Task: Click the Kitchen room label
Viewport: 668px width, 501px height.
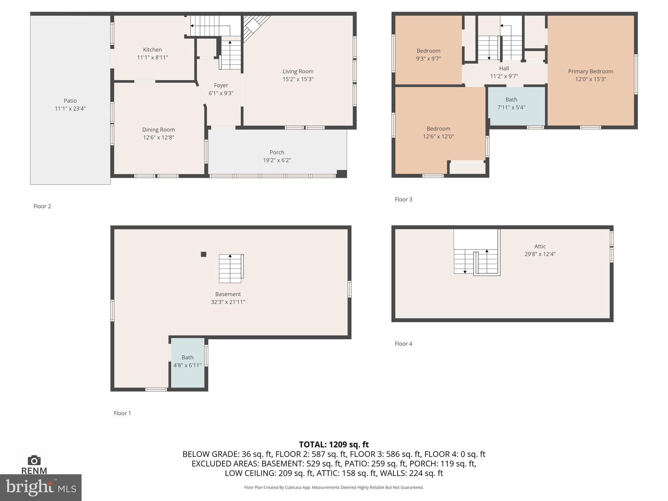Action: (x=152, y=50)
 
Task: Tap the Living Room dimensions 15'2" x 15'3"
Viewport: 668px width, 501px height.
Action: (x=298, y=79)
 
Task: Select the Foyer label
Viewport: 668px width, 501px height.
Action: (x=221, y=85)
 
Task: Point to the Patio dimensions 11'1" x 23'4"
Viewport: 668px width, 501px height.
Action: (x=70, y=109)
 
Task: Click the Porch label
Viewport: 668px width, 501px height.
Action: (x=277, y=152)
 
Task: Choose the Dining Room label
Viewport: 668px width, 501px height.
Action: (x=158, y=129)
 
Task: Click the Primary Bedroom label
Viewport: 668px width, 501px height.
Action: (x=590, y=71)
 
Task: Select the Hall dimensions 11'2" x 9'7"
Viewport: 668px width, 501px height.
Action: (x=504, y=76)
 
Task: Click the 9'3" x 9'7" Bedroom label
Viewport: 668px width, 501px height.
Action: (x=428, y=51)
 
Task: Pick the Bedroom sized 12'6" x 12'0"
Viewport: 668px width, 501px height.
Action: (x=438, y=132)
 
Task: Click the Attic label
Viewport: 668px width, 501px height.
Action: (x=540, y=246)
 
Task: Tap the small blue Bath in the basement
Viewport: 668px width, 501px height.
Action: (x=188, y=362)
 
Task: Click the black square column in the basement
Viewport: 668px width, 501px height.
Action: (x=204, y=254)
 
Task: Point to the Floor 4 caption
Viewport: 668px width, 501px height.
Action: (x=403, y=343)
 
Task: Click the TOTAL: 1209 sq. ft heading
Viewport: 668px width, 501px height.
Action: (x=334, y=444)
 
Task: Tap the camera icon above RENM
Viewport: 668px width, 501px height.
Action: (x=34, y=460)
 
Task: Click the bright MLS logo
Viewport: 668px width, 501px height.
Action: (x=40, y=487)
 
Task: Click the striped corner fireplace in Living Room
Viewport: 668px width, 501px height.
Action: (x=253, y=26)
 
